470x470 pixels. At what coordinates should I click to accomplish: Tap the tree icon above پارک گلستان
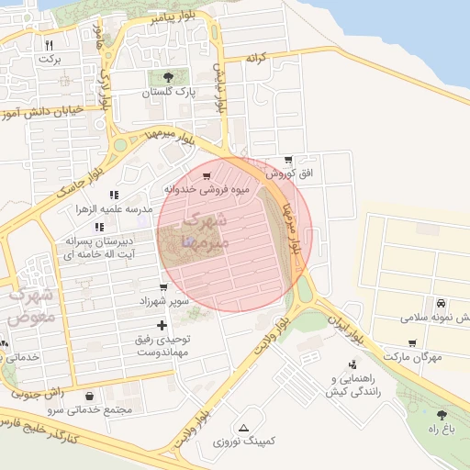click(166, 77)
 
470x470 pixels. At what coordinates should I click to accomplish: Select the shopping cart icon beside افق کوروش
click(289, 160)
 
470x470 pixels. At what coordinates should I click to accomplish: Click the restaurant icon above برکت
click(50, 44)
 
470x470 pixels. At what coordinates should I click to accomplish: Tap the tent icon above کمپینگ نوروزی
click(243, 428)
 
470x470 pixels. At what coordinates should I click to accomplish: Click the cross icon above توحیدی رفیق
click(162, 325)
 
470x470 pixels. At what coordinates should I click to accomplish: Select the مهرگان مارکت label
click(415, 355)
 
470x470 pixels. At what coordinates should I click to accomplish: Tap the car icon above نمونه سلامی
click(442, 303)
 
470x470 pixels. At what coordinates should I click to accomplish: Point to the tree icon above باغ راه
click(443, 415)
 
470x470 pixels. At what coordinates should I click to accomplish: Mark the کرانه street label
click(255, 58)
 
